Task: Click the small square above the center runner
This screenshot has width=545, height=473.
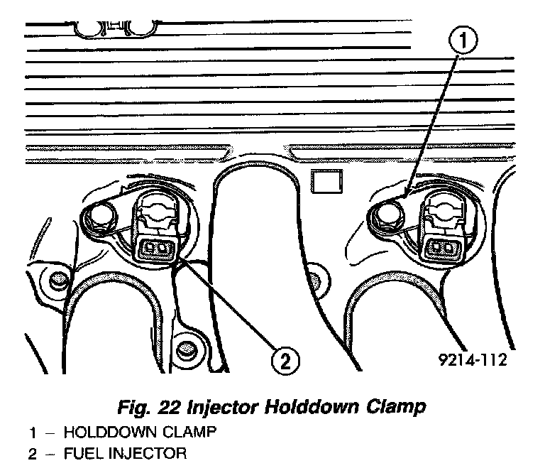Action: (x=326, y=183)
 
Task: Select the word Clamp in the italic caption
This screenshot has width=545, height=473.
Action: (x=398, y=407)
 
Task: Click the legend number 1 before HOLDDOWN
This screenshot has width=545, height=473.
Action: (x=33, y=431)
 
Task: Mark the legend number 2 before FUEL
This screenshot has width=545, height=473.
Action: (x=33, y=452)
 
